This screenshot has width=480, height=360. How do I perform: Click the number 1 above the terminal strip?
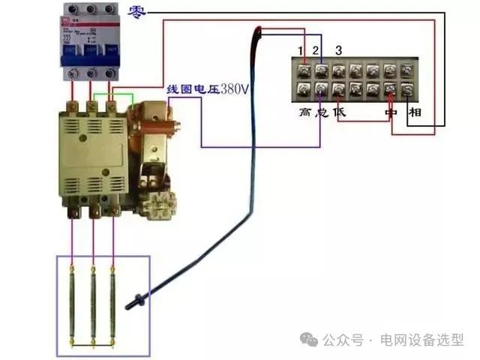click(301, 50)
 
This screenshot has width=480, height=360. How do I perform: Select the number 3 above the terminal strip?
click(339, 50)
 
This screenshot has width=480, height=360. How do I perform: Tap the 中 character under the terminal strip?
click(390, 112)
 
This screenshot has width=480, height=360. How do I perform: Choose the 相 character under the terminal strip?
click(414, 112)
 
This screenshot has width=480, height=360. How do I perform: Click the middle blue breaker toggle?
click(92, 43)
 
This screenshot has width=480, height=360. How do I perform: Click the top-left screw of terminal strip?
click(305, 70)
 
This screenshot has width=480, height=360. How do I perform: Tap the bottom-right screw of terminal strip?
click(408, 89)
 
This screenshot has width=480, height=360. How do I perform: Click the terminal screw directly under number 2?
click(321, 70)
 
